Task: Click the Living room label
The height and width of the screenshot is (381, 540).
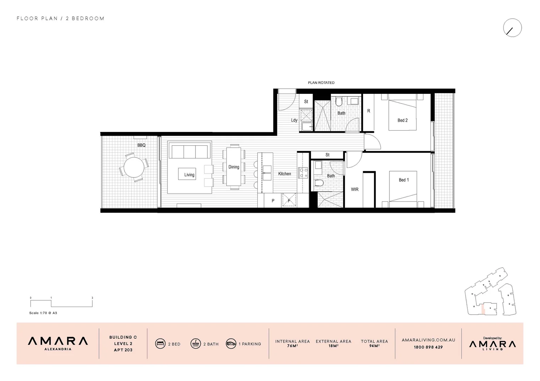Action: click(x=189, y=175)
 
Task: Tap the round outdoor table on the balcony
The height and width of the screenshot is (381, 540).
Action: click(x=134, y=167)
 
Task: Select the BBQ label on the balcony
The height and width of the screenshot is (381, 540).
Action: click(x=141, y=145)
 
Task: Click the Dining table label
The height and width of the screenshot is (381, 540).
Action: click(x=234, y=167)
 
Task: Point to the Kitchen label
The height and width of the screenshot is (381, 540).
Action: click(x=284, y=174)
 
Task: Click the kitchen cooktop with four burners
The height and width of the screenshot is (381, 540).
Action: click(x=304, y=173)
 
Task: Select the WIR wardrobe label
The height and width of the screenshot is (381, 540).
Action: click(x=354, y=189)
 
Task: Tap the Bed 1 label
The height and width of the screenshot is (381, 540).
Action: click(x=404, y=180)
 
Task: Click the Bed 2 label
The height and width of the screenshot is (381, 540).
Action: click(x=403, y=120)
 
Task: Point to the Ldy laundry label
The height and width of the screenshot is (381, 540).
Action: click(x=294, y=120)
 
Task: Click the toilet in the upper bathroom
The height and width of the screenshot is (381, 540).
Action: click(x=339, y=102)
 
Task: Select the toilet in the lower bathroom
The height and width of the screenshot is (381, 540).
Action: click(x=318, y=183)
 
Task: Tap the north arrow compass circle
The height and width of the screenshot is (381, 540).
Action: click(x=512, y=28)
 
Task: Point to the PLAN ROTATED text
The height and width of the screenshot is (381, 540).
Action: click(x=321, y=83)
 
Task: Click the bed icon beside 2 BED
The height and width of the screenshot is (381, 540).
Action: click(x=160, y=344)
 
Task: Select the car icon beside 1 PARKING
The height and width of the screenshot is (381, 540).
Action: click(x=231, y=344)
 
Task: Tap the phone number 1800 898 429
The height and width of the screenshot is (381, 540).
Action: click(x=428, y=347)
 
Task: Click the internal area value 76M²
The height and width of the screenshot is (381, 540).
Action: click(x=292, y=346)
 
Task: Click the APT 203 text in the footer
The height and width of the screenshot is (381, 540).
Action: click(x=123, y=350)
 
